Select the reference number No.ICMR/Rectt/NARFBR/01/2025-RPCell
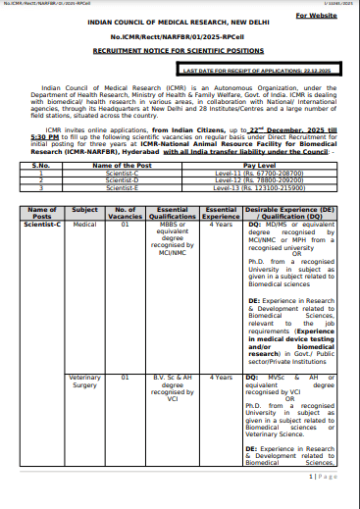tap(180, 47)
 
